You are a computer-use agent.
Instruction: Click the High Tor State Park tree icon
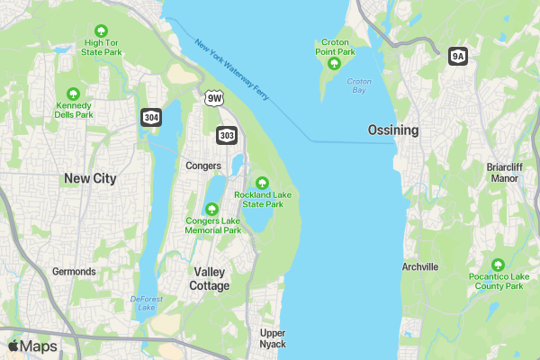[x=101, y=31]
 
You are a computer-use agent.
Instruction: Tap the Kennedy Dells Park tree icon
[x=73, y=94]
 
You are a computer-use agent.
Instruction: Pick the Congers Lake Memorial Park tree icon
[x=213, y=209]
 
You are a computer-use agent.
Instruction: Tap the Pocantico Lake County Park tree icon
[x=495, y=265]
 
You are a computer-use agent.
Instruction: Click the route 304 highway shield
[x=150, y=117]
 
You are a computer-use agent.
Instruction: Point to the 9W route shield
[x=213, y=97]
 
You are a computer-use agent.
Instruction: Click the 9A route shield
[x=458, y=56]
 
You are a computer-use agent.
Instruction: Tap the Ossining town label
[x=393, y=130]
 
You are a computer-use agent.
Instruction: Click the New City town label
[x=90, y=179]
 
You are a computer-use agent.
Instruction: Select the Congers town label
[x=202, y=166]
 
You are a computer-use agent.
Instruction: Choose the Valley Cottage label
[x=211, y=278]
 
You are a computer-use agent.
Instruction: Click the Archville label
[x=420, y=267]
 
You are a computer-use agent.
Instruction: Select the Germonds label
[x=74, y=272]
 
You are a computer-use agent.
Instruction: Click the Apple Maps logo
[x=32, y=346]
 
